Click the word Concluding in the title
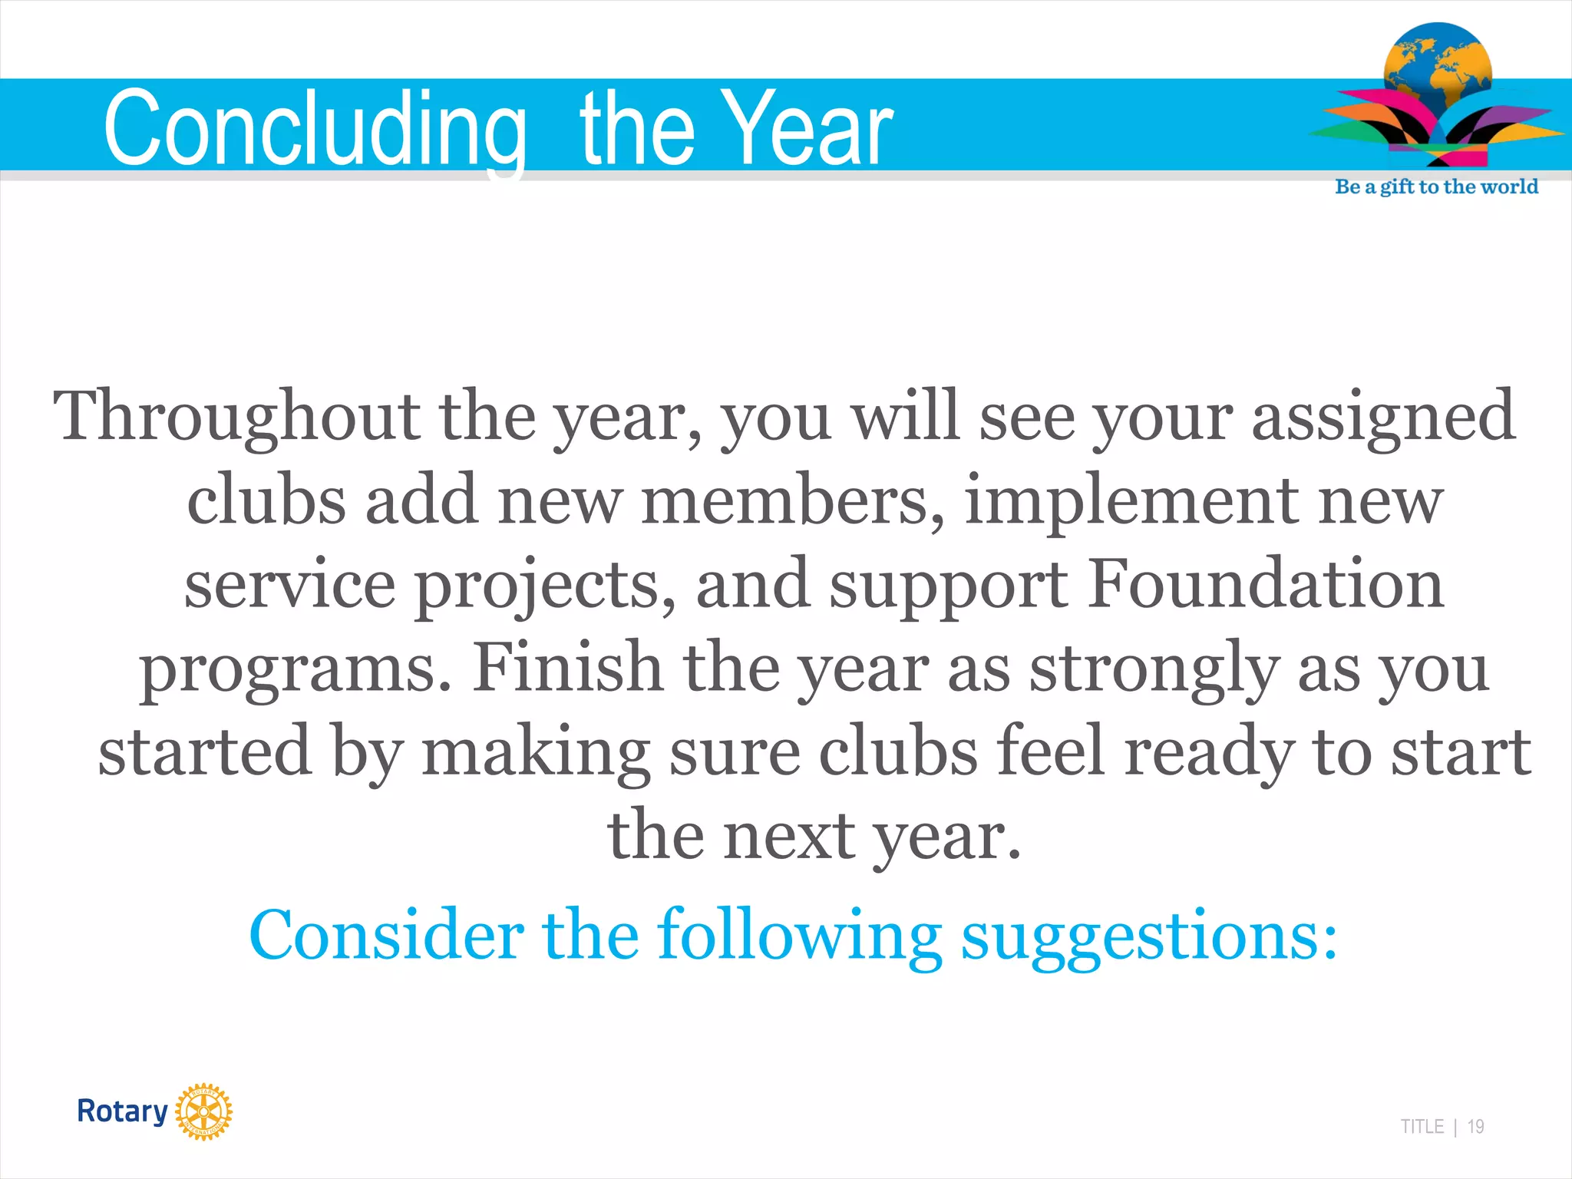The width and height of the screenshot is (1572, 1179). (x=315, y=129)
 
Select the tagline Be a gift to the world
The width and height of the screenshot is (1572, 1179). (x=1436, y=187)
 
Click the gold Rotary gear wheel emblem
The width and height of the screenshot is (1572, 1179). (x=203, y=1111)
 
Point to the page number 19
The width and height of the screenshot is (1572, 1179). (x=1475, y=1127)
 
